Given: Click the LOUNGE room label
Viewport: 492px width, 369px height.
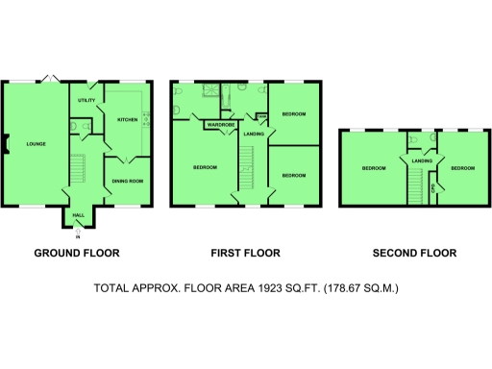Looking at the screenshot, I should (37, 144).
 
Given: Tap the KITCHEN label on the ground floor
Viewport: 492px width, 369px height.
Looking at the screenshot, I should (128, 120).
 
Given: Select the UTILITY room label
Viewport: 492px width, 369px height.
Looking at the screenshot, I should (84, 100).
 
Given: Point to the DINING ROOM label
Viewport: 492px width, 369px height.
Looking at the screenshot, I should (128, 181).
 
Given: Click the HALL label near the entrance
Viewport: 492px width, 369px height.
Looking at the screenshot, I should (79, 215).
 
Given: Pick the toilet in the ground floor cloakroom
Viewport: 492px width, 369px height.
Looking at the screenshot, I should (74, 124).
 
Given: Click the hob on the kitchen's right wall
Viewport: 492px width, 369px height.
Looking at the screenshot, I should (146, 120).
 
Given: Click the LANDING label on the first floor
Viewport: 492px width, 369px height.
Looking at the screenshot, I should (253, 133).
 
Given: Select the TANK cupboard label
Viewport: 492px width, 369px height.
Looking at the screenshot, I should (260, 117).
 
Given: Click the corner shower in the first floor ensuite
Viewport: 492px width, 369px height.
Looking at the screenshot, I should (204, 90).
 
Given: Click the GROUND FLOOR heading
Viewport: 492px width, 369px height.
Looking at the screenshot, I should (77, 254).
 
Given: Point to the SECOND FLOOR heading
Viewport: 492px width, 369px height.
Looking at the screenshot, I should (415, 254).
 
